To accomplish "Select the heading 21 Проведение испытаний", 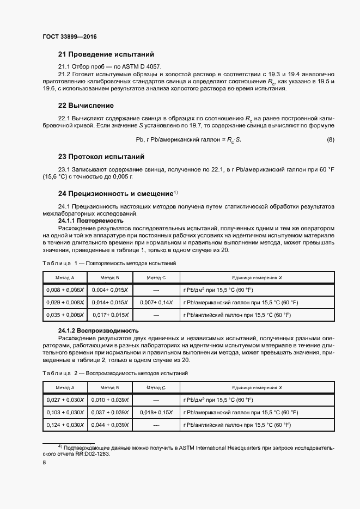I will [106, 54].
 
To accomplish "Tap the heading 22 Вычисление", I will [86, 105].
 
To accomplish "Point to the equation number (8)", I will [330, 140].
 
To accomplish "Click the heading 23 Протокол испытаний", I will [101, 156].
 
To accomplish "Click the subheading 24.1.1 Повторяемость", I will [90, 221].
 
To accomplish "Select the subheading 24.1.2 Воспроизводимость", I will [98, 330].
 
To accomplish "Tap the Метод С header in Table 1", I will [156, 278].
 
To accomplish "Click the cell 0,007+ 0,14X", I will [156, 302].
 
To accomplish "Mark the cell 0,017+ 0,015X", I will [110, 315].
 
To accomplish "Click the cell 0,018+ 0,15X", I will [156, 412].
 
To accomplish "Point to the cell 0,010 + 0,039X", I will [110, 400].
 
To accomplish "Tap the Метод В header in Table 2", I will [110, 388].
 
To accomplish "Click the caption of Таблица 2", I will [115, 373].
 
